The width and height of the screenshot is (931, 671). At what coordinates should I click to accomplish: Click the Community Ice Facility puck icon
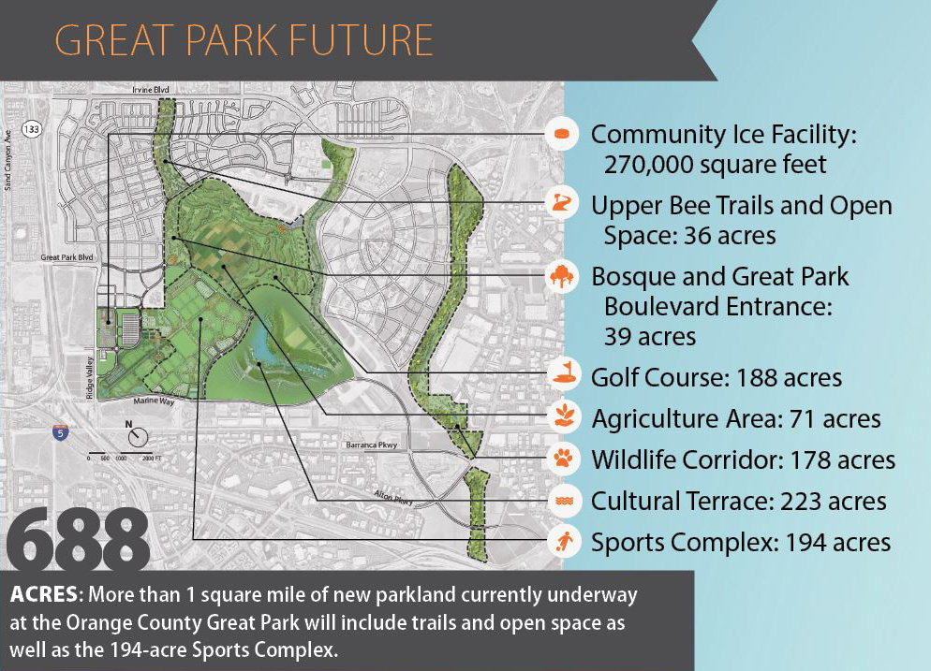point(561,134)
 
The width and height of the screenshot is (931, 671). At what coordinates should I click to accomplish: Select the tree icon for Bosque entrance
point(561,277)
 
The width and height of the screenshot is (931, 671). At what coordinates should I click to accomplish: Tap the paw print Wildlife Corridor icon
point(561,459)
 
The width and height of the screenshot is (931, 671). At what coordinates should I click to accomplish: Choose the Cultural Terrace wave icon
point(561,501)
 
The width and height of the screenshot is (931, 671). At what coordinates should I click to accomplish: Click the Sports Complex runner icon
point(561,541)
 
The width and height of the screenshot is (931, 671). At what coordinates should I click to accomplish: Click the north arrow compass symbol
point(137,436)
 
